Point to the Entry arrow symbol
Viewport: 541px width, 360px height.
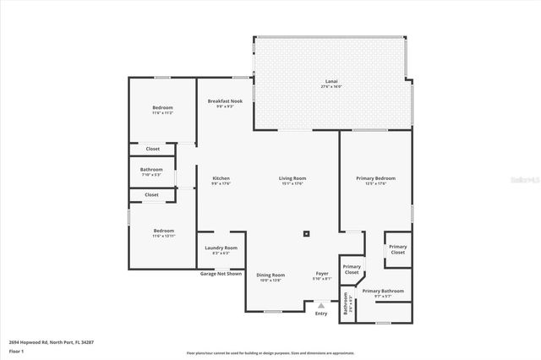(x=321, y=306)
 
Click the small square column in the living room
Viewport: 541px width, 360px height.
(x=307, y=234)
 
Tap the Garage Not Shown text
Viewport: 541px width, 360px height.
(x=221, y=274)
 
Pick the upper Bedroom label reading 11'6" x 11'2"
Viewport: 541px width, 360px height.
(x=163, y=110)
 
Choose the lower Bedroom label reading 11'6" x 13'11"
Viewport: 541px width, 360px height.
(x=163, y=232)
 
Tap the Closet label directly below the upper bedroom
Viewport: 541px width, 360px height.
(x=151, y=149)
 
